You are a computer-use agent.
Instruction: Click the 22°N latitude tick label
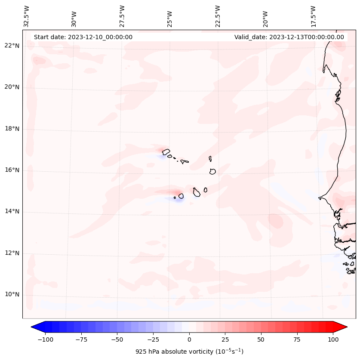[x=12, y=46]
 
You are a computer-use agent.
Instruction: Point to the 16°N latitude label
[x=12, y=170]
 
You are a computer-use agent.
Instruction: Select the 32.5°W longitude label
[x=27, y=16]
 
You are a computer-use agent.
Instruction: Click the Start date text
[x=83, y=37]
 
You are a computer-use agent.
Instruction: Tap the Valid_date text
[x=289, y=37]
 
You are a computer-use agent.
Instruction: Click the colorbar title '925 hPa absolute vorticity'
[x=189, y=352]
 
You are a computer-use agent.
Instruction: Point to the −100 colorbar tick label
[x=45, y=339]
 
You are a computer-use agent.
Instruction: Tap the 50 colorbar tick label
[x=261, y=339]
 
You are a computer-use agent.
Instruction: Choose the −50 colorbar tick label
[x=117, y=339]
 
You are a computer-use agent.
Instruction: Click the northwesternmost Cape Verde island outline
[x=166, y=151]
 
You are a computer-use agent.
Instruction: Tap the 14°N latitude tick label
[x=12, y=211]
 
